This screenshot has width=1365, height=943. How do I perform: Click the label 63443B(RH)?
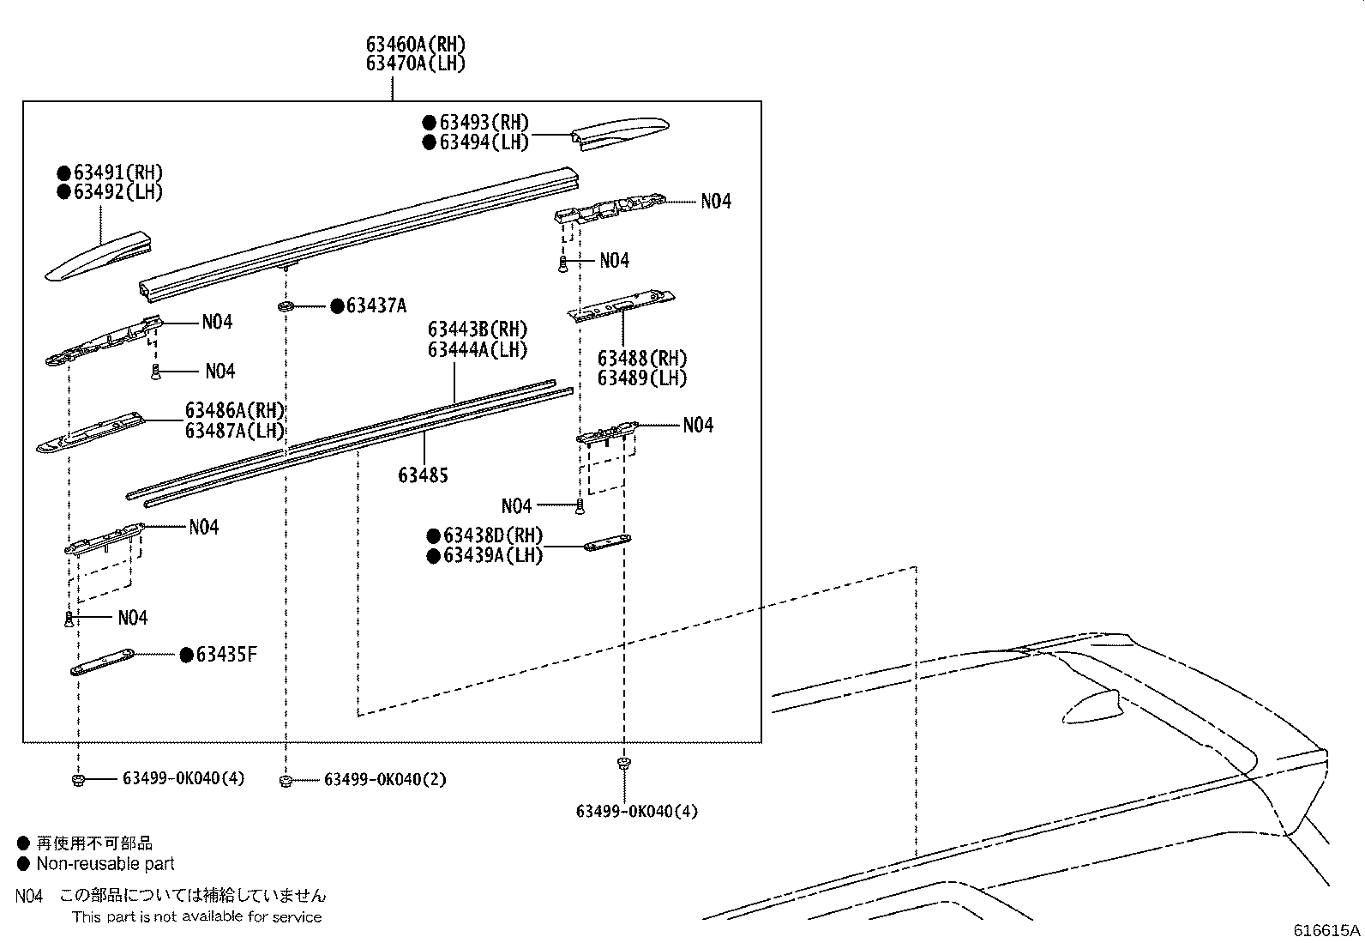pos(478,329)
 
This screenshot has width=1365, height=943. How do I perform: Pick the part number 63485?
pos(423,475)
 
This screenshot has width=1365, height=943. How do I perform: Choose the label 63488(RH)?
pos(642,359)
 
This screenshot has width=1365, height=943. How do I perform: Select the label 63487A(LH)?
pos(235,431)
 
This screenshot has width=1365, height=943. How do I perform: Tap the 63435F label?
pos(226,656)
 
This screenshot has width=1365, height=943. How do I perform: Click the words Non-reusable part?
pos(105,864)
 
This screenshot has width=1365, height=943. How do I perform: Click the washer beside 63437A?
pos(286,306)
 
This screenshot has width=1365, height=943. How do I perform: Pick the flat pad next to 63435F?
pos(102,662)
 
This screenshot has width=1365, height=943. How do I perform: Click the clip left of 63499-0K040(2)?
pos(286,780)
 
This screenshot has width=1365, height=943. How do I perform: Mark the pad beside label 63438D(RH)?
pos(607,543)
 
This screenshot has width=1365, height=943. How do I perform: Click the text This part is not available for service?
pos(196,917)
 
